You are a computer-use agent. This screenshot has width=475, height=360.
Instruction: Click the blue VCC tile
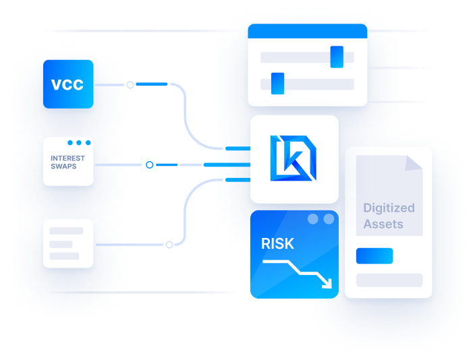point(68,84)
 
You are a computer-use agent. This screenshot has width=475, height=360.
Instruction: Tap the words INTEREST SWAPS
point(68,162)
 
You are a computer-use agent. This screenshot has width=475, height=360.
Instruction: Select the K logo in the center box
point(294,159)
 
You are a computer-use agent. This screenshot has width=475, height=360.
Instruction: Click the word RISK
point(278,243)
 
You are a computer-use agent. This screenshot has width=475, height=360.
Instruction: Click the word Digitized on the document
point(389,208)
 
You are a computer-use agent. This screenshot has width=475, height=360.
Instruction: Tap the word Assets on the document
point(383,224)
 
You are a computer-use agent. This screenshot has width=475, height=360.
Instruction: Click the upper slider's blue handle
point(337,57)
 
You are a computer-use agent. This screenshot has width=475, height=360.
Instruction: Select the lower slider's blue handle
point(277,84)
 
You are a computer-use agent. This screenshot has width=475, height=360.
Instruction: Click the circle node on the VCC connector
point(131,84)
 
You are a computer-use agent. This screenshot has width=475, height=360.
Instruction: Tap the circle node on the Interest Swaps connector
point(149,164)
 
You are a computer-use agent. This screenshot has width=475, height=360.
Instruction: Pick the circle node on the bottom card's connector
point(169,244)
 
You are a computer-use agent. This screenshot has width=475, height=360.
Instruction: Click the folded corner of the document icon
point(414,162)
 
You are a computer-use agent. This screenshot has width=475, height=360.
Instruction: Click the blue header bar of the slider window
point(307,31)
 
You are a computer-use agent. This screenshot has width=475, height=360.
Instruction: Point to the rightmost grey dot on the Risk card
point(329,219)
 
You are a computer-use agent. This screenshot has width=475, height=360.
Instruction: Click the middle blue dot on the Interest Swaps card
point(79,143)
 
